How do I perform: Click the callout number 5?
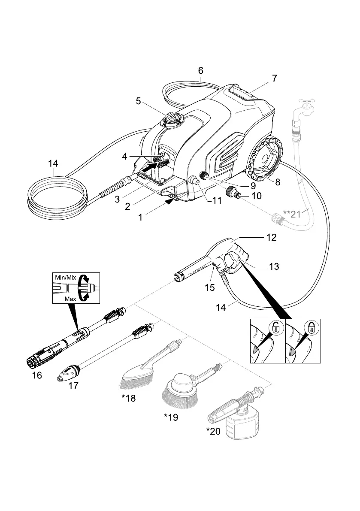(x=138, y=101)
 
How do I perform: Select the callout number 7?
(x=274, y=78)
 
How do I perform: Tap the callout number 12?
(x=271, y=237)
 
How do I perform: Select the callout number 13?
(x=274, y=266)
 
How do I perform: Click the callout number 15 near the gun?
(x=209, y=287)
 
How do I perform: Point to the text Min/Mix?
(x=64, y=278)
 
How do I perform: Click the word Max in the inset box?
(x=70, y=298)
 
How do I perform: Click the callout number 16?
(x=37, y=375)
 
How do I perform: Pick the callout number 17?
(x=73, y=386)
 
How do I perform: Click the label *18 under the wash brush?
(x=128, y=398)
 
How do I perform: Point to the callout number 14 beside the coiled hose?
(x=54, y=163)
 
